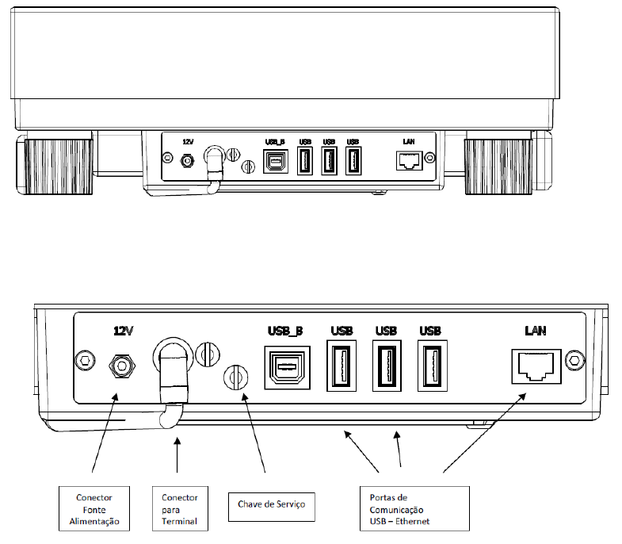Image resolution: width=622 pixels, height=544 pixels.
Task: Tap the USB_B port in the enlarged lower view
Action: point(287,367)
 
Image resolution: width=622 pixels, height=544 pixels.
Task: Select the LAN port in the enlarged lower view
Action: point(536,366)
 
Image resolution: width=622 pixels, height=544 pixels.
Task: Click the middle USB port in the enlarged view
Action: point(387,366)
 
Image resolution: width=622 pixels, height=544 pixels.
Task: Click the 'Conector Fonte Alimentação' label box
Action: point(94,508)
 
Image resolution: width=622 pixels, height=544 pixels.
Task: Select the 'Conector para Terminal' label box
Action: point(180,508)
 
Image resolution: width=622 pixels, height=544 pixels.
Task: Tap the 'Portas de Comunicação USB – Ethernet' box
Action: point(414,508)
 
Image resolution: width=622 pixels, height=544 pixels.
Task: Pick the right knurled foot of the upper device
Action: point(498,167)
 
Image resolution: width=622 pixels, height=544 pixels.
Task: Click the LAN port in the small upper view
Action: point(410,160)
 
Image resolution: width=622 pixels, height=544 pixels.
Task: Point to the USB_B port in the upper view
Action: point(276,162)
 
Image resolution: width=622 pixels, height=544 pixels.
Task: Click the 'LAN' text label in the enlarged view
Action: point(536,331)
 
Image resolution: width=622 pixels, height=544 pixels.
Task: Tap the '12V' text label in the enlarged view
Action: point(124,331)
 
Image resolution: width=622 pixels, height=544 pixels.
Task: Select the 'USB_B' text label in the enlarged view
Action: point(285,331)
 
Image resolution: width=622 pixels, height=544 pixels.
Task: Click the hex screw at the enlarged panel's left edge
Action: point(85,361)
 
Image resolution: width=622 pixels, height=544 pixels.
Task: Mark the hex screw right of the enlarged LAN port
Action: point(574,361)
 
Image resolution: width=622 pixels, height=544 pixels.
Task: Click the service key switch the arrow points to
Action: point(236,377)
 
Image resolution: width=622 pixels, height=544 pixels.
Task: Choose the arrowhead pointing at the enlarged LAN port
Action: point(522,397)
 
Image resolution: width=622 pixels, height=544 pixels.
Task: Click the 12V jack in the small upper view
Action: point(187,161)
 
